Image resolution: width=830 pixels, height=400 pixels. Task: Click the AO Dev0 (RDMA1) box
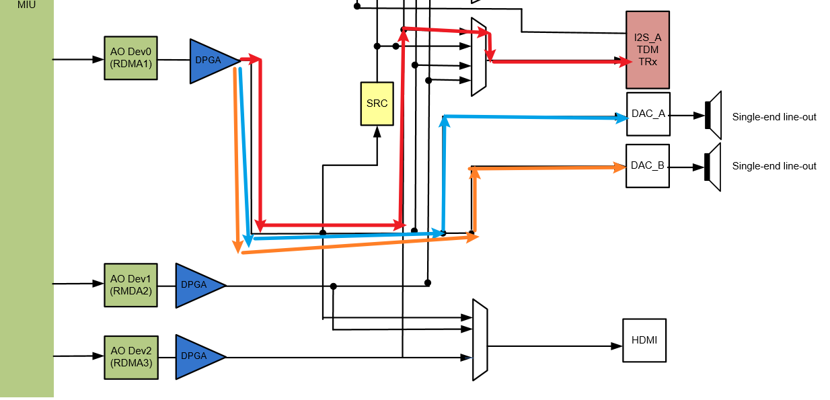pos(130,58)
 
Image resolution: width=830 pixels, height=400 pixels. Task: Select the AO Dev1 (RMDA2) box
pos(130,285)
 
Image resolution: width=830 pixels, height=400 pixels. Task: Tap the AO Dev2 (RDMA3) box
pos(130,356)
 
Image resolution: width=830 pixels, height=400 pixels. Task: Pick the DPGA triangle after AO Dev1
pos(196,285)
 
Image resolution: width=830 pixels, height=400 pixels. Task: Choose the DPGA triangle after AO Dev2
pos(196,356)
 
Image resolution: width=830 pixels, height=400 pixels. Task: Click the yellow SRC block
pos(377,104)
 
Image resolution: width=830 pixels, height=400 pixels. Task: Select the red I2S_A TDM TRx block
pos(647,50)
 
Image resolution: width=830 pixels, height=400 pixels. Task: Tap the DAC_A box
pos(648,114)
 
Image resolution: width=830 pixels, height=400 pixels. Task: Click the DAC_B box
pos(648,165)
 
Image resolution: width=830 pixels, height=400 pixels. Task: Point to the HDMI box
pos(644,340)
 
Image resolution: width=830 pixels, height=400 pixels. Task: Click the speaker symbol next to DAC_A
pos(713,115)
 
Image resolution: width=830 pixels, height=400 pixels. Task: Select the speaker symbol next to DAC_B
pos(713,167)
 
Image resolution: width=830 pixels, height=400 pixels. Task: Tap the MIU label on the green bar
pos(27,5)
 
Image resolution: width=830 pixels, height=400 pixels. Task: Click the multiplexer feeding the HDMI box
pos(480,340)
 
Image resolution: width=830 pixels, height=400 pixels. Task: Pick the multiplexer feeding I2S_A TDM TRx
pos(478,57)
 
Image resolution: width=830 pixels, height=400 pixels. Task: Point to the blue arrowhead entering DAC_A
pos(621,118)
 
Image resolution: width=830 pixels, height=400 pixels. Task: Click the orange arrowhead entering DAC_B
pos(620,166)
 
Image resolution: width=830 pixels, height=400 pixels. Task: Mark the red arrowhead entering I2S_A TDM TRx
pos(620,62)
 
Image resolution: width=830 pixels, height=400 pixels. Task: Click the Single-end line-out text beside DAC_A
pos(774,117)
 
